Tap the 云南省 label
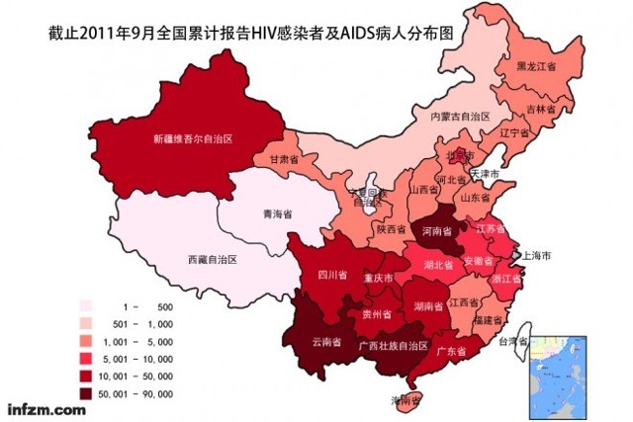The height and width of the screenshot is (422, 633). click(x=325, y=343)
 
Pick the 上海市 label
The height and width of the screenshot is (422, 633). click(x=535, y=255)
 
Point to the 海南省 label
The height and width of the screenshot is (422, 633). click(x=406, y=400)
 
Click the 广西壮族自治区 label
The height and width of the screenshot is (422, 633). click(x=393, y=346)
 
